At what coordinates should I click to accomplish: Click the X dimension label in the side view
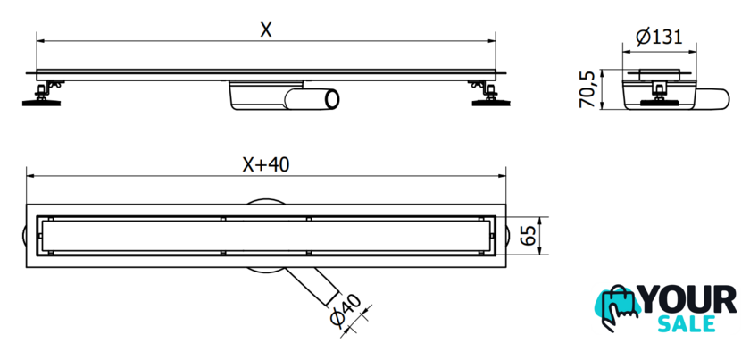[x=265, y=29]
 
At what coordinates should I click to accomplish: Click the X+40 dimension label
[x=265, y=163]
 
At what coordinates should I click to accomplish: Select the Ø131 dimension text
[x=659, y=37]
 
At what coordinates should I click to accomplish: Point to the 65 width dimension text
[x=529, y=237]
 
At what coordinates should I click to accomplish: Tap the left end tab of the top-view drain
[x=23, y=237]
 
